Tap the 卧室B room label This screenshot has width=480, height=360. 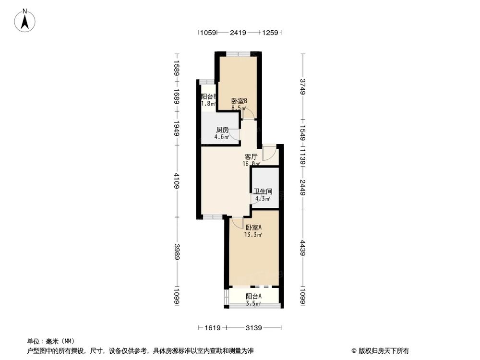(x=239, y=101)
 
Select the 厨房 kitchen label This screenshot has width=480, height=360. (x=221, y=130)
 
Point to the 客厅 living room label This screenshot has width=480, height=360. (x=252, y=156)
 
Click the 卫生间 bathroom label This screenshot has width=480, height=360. (x=263, y=191)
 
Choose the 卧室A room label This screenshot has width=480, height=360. (x=253, y=228)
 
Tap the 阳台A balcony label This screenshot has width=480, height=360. (x=253, y=297)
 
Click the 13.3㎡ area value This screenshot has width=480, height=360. (x=253, y=235)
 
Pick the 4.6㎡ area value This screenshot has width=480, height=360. (x=221, y=137)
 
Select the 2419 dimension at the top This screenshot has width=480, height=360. (x=238, y=33)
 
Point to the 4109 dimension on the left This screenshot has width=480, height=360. (x=177, y=181)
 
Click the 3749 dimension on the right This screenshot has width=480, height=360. (x=302, y=86)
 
